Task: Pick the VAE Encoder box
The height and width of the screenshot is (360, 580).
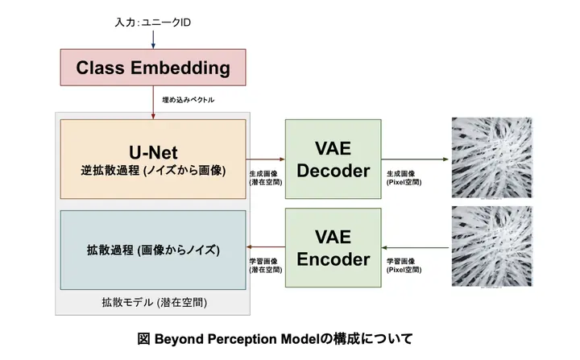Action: point(333,248)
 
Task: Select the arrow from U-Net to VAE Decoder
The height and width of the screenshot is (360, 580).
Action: point(266,159)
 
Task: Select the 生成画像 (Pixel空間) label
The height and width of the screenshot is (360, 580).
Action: point(404,178)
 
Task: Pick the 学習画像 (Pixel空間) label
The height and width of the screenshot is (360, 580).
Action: point(404,267)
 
